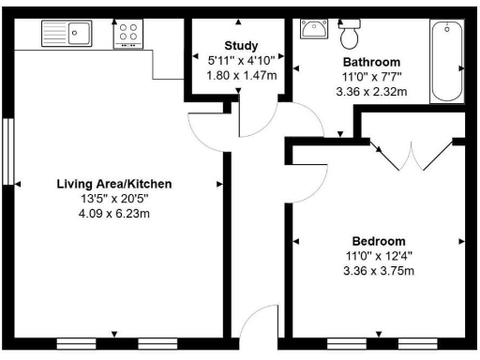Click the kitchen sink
click(66, 35)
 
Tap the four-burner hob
click(127, 36)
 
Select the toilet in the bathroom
click(351, 35)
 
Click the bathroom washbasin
click(313, 29)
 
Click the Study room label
click(240, 45)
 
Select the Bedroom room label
click(379, 239)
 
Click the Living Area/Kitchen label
click(113, 183)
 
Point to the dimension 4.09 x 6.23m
click(113, 215)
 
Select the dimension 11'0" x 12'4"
click(379, 256)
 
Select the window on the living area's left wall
click(8, 150)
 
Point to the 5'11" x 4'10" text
click(240, 59)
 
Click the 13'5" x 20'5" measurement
click(113, 199)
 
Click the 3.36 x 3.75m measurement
click(379, 272)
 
